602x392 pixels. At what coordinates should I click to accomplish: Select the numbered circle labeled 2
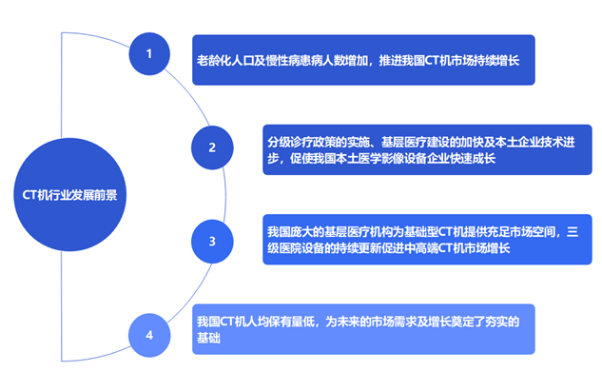[x=212, y=147]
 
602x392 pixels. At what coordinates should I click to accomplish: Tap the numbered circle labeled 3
[x=212, y=242]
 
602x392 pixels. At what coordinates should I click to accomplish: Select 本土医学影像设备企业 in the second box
[x=371, y=159]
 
